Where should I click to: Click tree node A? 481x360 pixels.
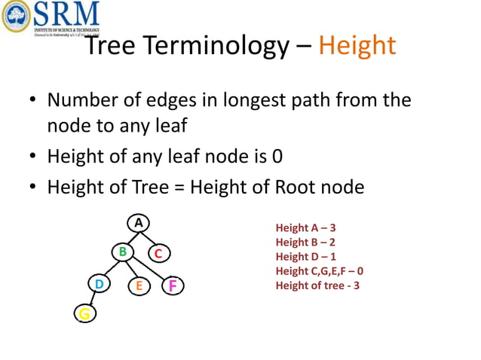[138, 223]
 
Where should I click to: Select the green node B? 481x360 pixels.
[121, 252]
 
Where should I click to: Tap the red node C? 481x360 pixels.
[158, 255]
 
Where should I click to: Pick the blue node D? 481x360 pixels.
[98, 285]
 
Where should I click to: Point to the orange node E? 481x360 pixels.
[139, 286]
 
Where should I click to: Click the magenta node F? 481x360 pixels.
[173, 285]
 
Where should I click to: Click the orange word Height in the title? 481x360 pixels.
[357, 46]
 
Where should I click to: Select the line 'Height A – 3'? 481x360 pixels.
[305, 228]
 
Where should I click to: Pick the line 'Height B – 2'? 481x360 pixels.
[305, 243]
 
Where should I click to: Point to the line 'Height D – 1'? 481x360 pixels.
[305, 257]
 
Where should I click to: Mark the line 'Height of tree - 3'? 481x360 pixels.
[317, 285]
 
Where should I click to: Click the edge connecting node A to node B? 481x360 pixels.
[130, 236]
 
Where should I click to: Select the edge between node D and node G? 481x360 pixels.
[91, 299]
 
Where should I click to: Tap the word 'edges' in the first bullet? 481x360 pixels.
[185, 99]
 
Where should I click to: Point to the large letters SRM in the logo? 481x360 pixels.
[67, 14]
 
